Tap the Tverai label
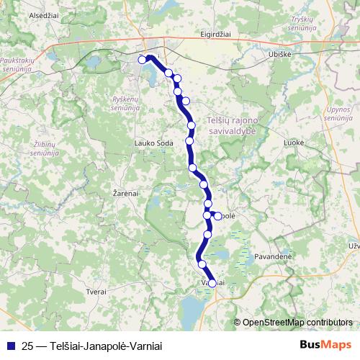(x=95, y=292)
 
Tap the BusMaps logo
(x=326, y=345)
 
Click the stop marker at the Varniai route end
(x=212, y=283)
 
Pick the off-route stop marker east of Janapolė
(x=218, y=215)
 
